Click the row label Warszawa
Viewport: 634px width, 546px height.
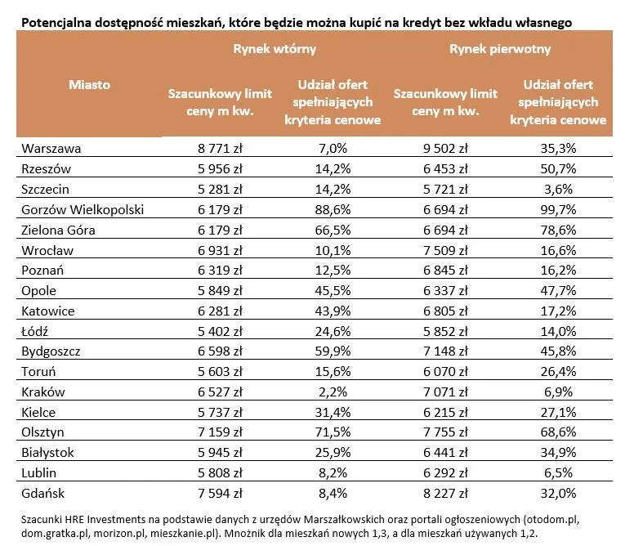[52, 149]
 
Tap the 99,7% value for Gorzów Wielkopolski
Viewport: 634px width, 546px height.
[559, 210]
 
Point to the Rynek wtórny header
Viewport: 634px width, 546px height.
[275, 49]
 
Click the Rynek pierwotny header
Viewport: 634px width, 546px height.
[500, 49]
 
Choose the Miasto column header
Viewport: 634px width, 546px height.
[89, 84]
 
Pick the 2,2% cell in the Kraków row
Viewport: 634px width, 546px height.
[332, 392]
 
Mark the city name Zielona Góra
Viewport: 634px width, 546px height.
[60, 230]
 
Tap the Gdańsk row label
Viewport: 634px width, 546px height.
[46, 493]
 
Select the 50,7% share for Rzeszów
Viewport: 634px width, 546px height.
[559, 169]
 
